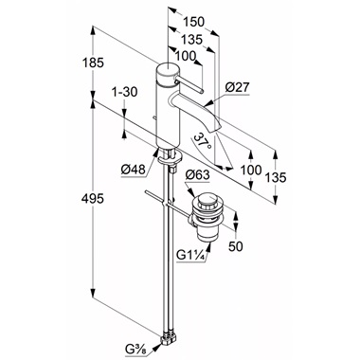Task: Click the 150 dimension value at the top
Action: [x=194, y=22]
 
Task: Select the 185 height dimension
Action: [x=93, y=63]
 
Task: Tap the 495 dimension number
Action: [x=92, y=199]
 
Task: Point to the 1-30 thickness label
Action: [x=125, y=92]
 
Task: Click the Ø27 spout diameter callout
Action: [x=238, y=87]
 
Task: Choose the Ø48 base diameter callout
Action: [x=133, y=170]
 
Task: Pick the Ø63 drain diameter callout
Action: [x=198, y=174]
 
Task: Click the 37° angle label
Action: [x=202, y=142]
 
